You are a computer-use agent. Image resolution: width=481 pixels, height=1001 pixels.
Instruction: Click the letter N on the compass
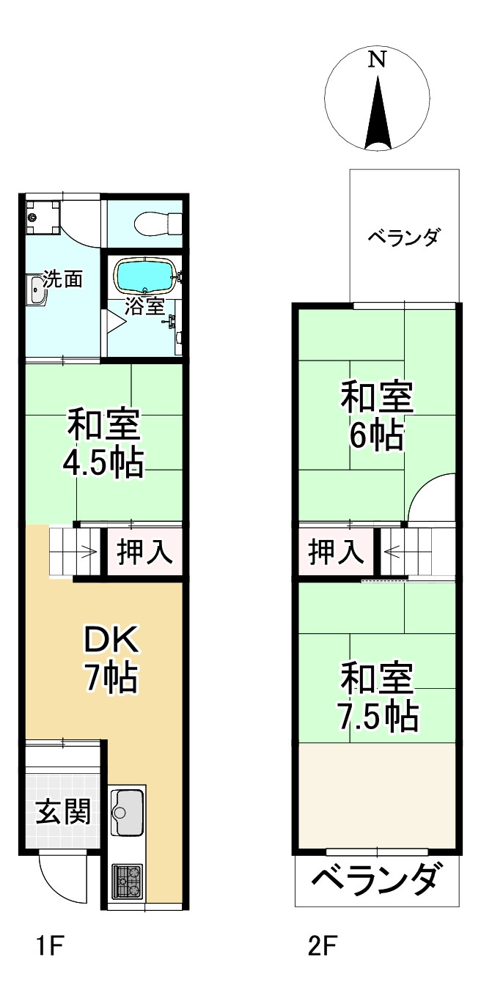coord(377,62)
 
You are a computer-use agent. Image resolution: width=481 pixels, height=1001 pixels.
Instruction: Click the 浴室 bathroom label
coord(144,306)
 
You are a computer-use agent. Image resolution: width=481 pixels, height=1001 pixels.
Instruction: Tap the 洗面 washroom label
coord(62,278)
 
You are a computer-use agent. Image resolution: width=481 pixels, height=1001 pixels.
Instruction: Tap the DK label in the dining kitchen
coord(111,643)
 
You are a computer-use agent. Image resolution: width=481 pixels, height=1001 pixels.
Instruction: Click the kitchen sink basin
coord(128,812)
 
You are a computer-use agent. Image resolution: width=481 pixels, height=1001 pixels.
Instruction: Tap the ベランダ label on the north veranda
coord(403,238)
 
